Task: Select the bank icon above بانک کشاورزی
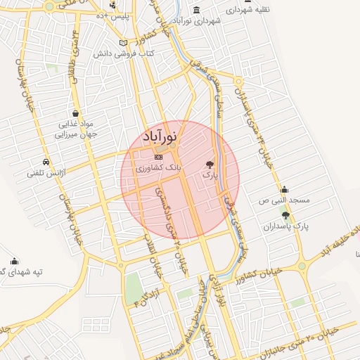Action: pos(158,156)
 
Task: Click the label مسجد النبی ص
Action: pos(282,201)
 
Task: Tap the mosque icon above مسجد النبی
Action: pos(284,189)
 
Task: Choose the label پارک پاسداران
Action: pos(287,226)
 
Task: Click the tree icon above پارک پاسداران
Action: pos(285,214)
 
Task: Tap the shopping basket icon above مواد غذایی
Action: pos(75,113)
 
